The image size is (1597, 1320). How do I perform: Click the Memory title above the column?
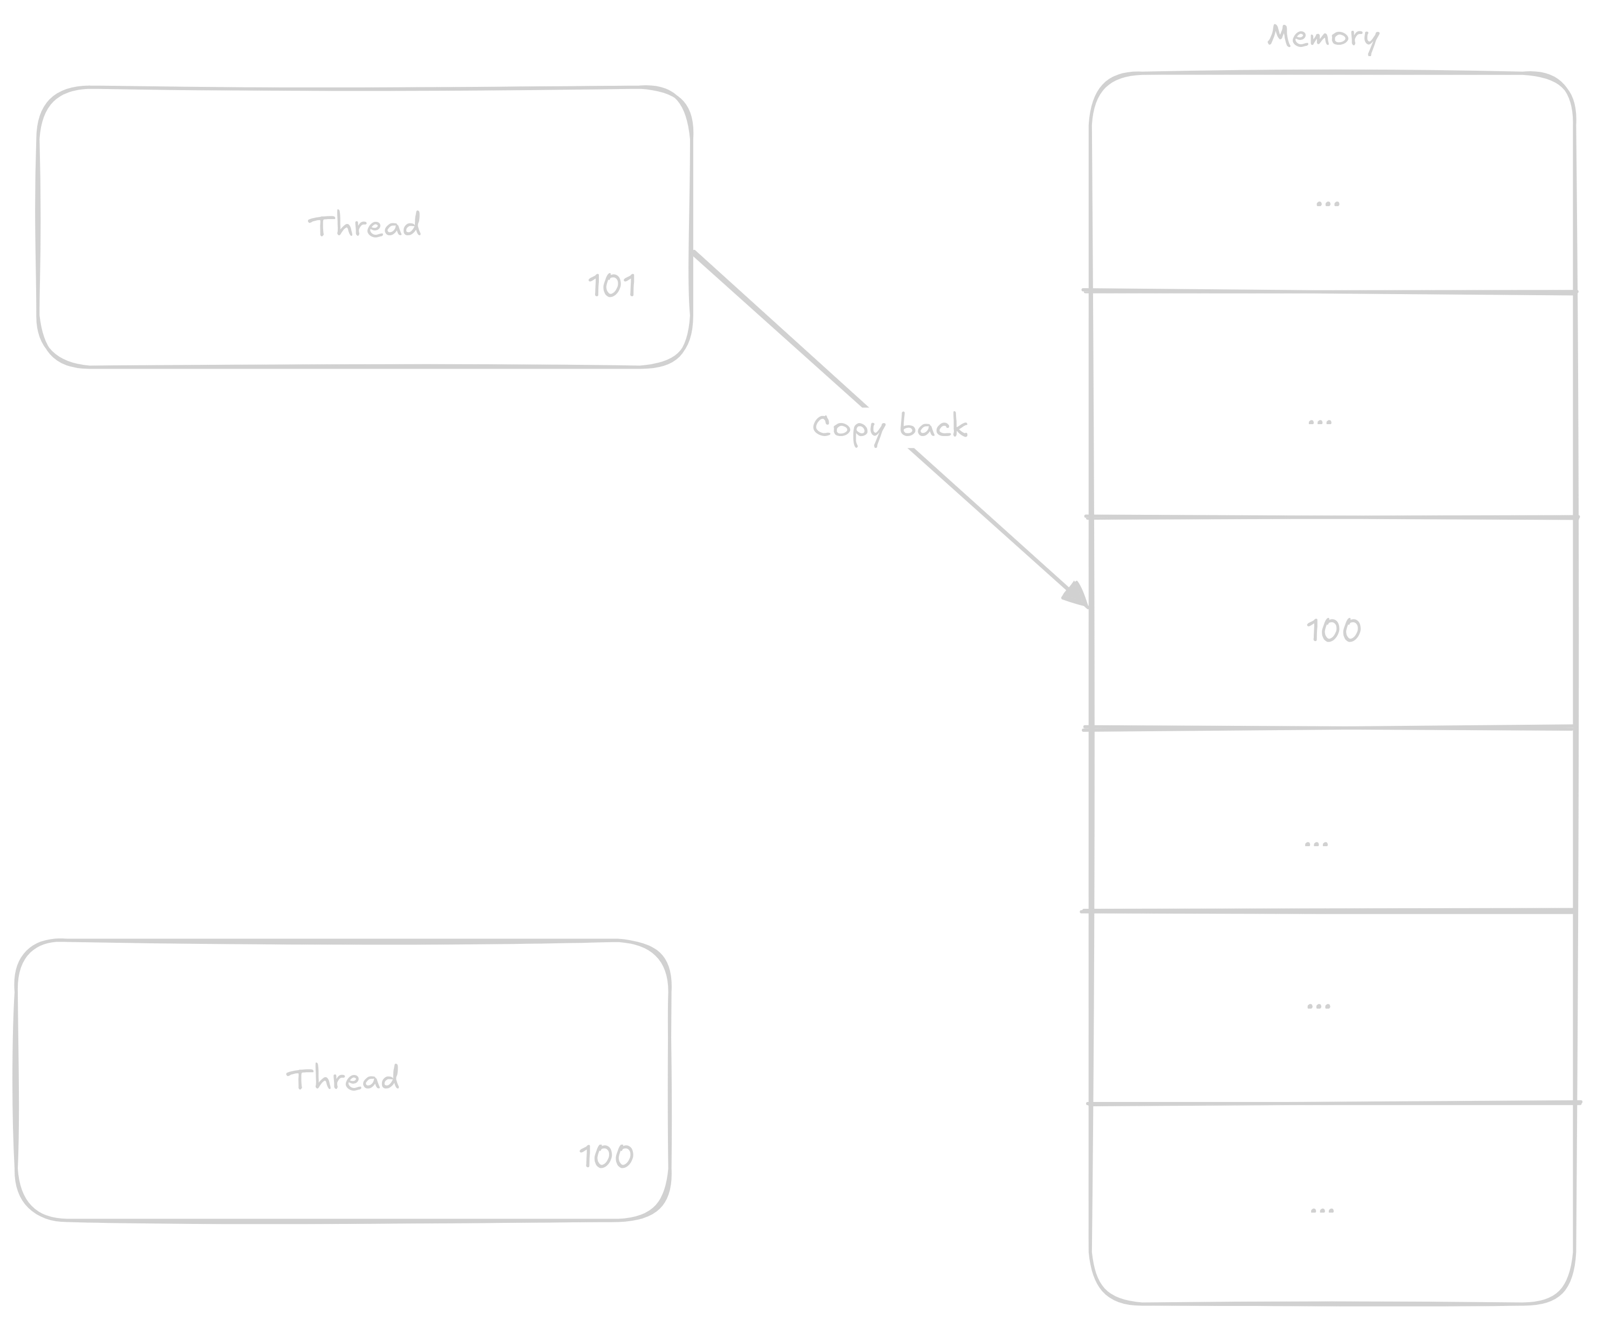click(x=1322, y=37)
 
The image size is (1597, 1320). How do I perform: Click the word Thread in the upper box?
click(x=364, y=226)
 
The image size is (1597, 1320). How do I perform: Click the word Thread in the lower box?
click(x=343, y=1079)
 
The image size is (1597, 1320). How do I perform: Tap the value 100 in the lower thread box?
click(x=606, y=1156)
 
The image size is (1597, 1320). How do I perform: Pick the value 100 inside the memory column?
click(x=1333, y=630)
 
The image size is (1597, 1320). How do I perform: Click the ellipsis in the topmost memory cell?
click(x=1327, y=203)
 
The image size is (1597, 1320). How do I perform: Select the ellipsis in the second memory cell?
click(x=1320, y=422)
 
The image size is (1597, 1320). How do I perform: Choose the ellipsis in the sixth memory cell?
click(x=1318, y=1006)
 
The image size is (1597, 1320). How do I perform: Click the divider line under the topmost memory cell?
click(x=1330, y=291)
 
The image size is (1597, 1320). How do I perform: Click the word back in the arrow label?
click(x=933, y=426)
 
